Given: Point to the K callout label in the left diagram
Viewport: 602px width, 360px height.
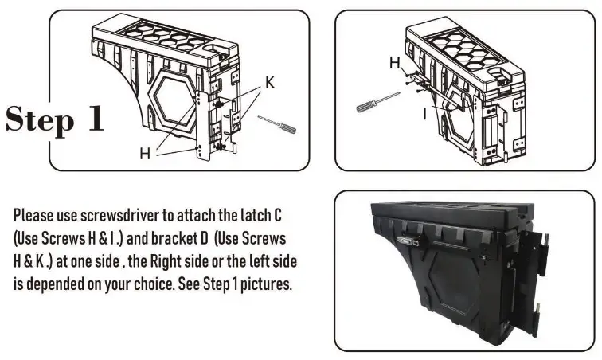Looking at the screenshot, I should [x=271, y=83].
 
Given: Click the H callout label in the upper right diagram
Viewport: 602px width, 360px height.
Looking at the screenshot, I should [x=395, y=62].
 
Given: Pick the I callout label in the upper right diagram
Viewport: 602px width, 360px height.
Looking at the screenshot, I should [x=425, y=114].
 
